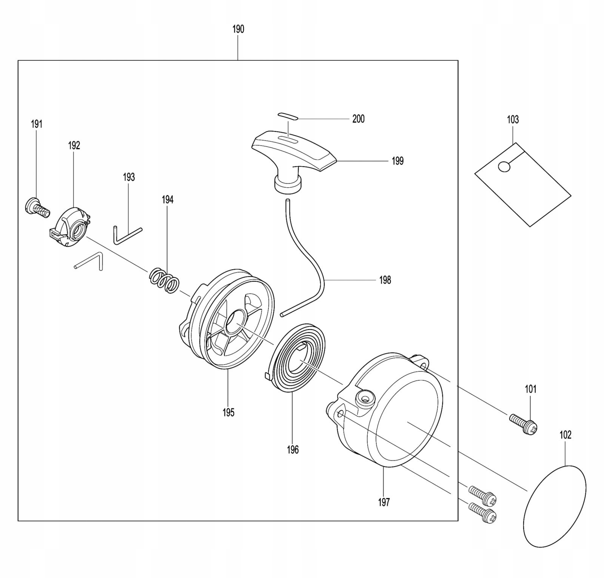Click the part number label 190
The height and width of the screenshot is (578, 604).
point(238,29)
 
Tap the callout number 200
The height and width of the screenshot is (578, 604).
point(358,119)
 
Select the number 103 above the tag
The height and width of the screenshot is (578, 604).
point(513,120)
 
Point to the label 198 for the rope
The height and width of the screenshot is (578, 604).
point(385,280)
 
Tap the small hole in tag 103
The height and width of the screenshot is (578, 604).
point(504,166)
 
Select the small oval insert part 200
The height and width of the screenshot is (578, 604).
point(288,116)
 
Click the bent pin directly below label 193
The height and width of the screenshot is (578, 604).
point(127,234)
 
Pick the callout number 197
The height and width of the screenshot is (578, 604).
point(384,502)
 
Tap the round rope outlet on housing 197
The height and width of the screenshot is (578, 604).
point(365,398)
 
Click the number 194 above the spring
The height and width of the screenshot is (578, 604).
point(168,200)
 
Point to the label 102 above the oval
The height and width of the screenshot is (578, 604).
point(565,435)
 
